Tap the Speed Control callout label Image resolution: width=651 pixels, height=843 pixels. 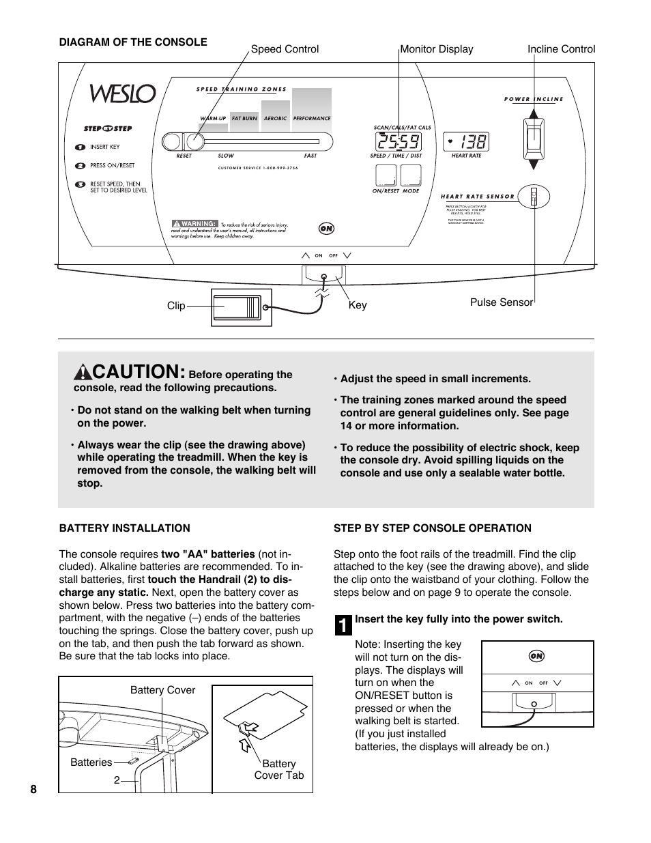click(285, 49)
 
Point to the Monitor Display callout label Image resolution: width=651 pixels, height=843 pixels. click(436, 49)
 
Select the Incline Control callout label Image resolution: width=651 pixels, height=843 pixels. click(561, 49)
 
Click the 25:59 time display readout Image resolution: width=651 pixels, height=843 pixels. click(399, 142)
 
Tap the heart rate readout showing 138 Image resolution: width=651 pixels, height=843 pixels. click(467, 142)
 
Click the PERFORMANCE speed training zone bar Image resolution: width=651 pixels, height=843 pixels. click(312, 109)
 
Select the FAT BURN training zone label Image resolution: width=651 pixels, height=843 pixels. click(244, 119)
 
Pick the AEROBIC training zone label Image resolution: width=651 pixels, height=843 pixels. click(276, 119)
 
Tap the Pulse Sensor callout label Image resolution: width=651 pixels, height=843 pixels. click(501, 302)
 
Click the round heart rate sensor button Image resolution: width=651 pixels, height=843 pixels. click(534, 197)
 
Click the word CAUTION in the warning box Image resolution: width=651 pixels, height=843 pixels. click(137, 372)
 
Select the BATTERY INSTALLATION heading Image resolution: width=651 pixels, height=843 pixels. click(124, 528)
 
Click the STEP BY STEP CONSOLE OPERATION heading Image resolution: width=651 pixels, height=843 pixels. click(432, 528)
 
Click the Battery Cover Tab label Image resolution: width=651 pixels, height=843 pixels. click(278, 769)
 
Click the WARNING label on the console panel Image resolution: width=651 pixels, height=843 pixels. click(194, 223)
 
